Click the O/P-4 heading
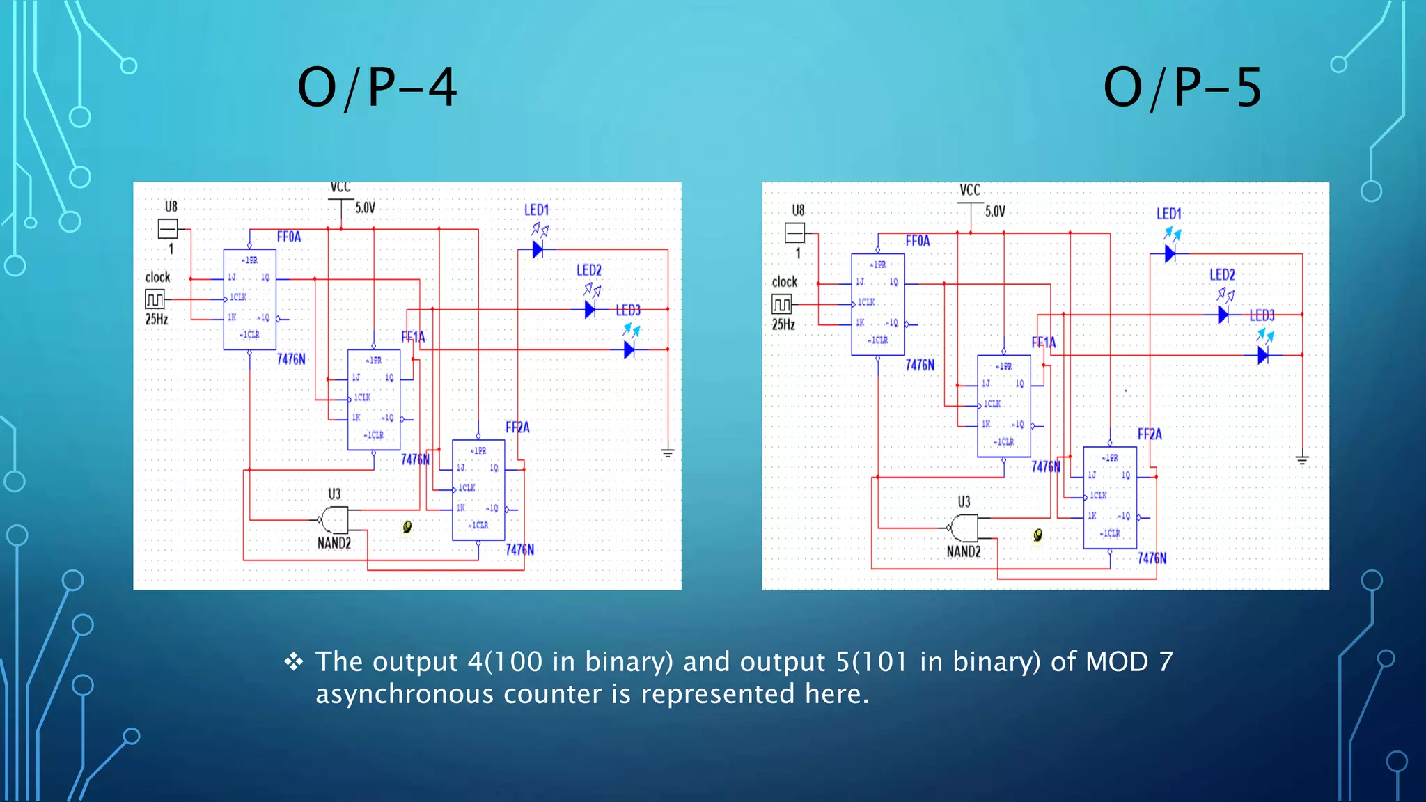pos(377,88)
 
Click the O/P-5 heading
pos(1182,88)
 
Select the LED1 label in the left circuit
pos(536,210)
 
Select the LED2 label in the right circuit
pos(1222,275)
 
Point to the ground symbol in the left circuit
pos(668,453)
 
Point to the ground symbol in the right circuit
pos(1302,459)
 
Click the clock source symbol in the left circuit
pos(155,299)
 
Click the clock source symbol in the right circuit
pos(782,304)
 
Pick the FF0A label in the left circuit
pos(289,237)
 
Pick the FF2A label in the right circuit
pos(1150,434)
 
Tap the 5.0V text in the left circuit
pos(366,207)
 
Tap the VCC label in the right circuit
pos(969,190)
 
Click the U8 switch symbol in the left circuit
pos(168,228)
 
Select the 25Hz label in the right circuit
pos(783,324)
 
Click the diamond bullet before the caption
pos(294,661)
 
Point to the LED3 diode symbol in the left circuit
pos(629,349)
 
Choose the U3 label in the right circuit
pos(964,501)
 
